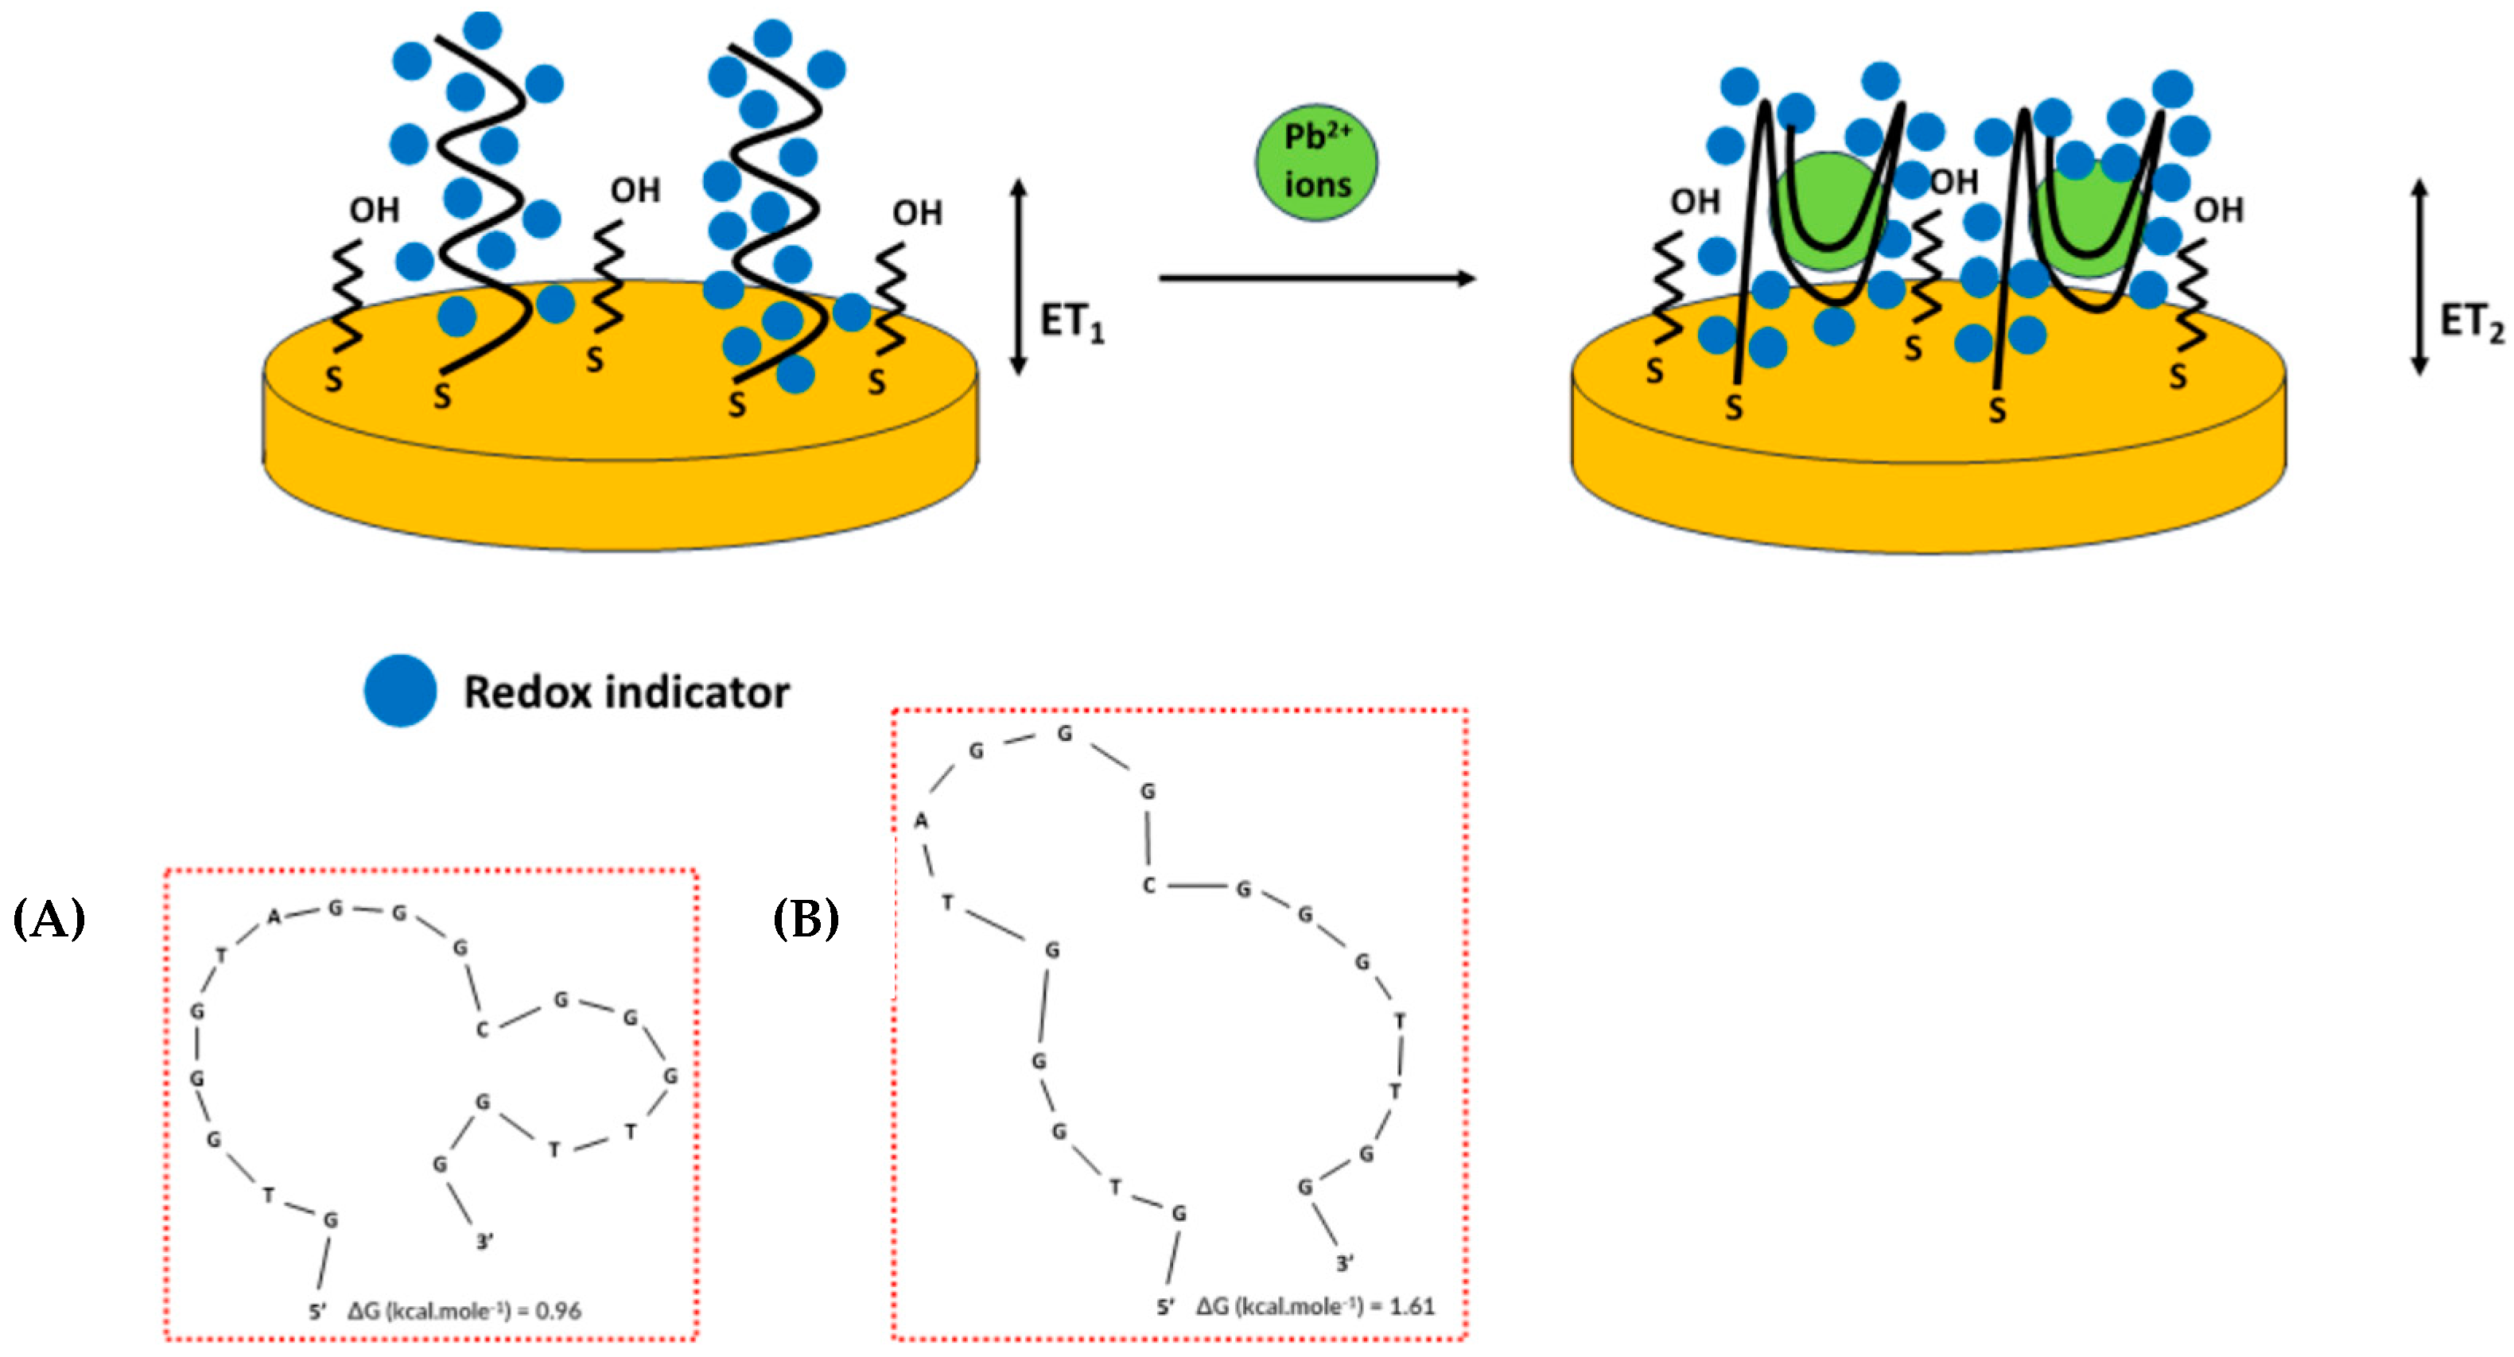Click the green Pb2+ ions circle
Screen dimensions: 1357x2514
(x=1315, y=163)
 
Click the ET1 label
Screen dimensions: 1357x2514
(x=1070, y=322)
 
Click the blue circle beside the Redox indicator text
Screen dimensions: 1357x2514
(x=400, y=691)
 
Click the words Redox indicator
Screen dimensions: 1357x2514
(x=626, y=692)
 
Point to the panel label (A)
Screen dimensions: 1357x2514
(x=49, y=919)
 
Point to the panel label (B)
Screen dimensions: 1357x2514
(x=805, y=919)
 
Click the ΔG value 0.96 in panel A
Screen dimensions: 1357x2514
(x=558, y=1311)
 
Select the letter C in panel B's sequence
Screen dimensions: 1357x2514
(x=1148, y=886)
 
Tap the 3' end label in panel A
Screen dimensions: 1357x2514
(x=484, y=1242)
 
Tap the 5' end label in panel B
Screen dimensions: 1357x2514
(x=1164, y=1307)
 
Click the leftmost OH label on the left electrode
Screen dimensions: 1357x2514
(x=374, y=210)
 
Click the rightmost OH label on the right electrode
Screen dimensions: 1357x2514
(x=2218, y=210)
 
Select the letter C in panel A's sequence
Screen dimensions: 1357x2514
(x=481, y=1030)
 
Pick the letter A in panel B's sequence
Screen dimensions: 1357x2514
(x=920, y=821)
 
